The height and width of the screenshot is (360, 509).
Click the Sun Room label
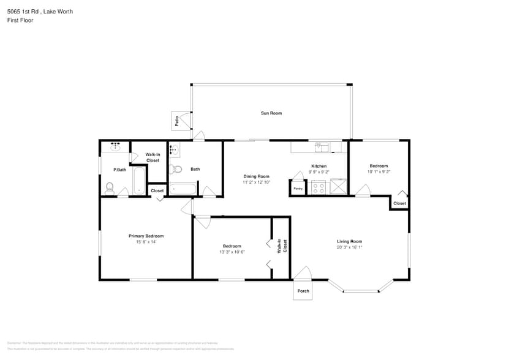pos(271,113)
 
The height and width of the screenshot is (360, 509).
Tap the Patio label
pos(177,121)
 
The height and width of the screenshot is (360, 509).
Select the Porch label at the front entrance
pos(303,291)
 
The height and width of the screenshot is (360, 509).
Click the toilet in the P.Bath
pos(110,187)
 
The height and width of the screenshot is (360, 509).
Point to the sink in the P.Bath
pos(115,147)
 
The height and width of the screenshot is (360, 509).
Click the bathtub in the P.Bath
pos(139,181)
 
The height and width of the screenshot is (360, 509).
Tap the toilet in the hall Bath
pos(176,170)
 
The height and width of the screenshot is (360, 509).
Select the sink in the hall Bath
pos(174,149)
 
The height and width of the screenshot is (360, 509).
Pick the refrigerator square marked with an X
pos(337,187)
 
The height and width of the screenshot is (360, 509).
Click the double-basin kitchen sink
pos(322,147)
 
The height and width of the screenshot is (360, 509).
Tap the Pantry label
pos(298,189)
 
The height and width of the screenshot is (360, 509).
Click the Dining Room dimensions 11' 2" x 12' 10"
pos(256,182)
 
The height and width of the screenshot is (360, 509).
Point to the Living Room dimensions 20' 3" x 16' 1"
pos(349,247)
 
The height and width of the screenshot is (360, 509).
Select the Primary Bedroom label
pos(146,236)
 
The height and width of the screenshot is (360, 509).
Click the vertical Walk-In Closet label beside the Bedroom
pos(282,246)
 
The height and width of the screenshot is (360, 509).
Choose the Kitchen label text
pos(319,166)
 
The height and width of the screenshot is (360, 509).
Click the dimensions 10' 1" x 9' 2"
pos(379,172)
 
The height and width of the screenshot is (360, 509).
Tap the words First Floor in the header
pos(20,20)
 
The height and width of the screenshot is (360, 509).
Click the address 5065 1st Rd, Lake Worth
pos(40,11)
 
